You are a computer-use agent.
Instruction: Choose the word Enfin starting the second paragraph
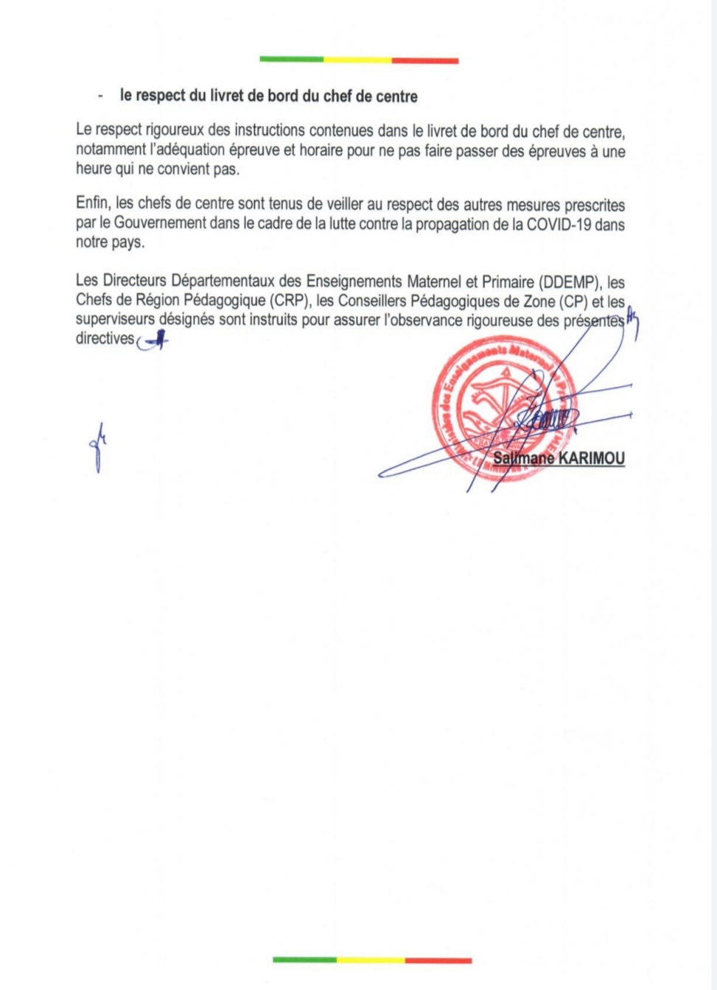pos(92,205)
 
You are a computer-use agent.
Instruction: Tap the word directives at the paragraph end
pos(105,339)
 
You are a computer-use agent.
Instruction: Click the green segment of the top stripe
pos(292,60)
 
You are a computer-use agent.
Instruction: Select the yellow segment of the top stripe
pos(357,60)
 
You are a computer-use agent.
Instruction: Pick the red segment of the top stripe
pos(425,60)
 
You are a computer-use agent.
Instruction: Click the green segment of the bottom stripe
pos(304,960)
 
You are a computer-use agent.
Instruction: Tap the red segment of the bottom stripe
pos(438,961)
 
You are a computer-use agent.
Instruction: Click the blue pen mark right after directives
pos(153,341)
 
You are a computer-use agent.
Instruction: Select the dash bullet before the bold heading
pos(99,96)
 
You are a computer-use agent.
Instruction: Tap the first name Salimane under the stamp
pos(522,458)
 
